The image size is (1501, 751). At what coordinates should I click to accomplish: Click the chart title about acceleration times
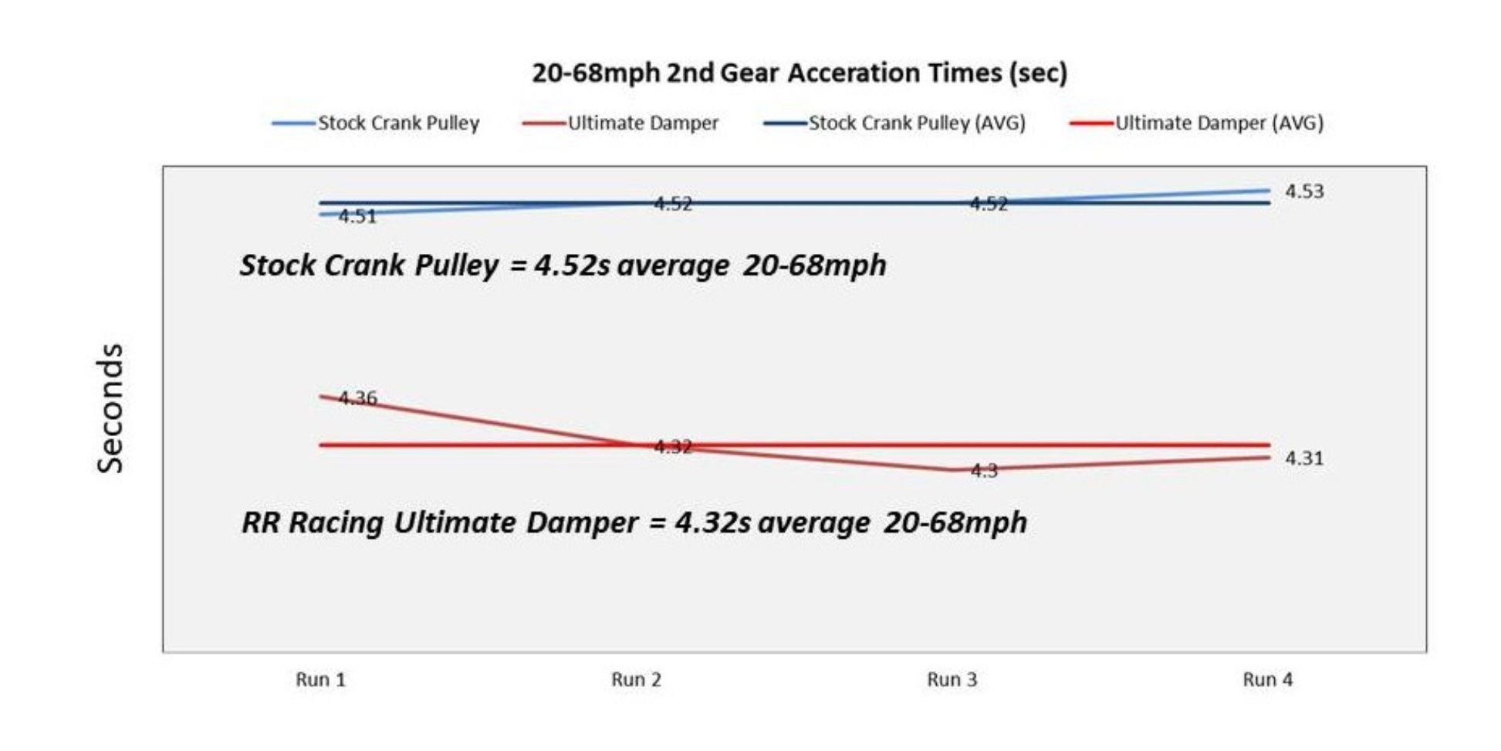point(800,73)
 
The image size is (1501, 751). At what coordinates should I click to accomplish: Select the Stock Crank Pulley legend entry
point(398,123)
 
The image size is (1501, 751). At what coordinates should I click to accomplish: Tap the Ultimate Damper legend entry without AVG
point(642,123)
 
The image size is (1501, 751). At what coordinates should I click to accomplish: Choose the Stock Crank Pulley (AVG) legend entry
point(916,123)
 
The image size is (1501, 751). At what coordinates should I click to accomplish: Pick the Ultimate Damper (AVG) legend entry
point(1219,123)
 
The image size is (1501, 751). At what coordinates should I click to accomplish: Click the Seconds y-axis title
point(110,408)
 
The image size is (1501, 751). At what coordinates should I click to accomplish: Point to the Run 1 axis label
point(320,680)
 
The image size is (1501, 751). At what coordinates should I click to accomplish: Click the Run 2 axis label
point(636,680)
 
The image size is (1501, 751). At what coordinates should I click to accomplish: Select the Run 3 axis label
point(952,680)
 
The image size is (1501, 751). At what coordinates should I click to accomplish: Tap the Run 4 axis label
point(1267,680)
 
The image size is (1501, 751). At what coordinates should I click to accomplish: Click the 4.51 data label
point(357,217)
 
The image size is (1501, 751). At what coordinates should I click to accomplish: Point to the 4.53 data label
point(1304,191)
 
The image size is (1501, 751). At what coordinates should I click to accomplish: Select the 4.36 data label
point(357,398)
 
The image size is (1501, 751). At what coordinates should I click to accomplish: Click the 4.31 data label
point(1304,458)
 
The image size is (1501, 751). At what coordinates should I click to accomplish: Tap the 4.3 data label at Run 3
point(984,471)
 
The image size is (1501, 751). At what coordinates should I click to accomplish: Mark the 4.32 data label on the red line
point(673,447)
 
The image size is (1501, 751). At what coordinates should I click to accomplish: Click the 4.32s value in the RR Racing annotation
point(712,523)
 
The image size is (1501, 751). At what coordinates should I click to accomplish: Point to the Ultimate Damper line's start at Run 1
point(321,397)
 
